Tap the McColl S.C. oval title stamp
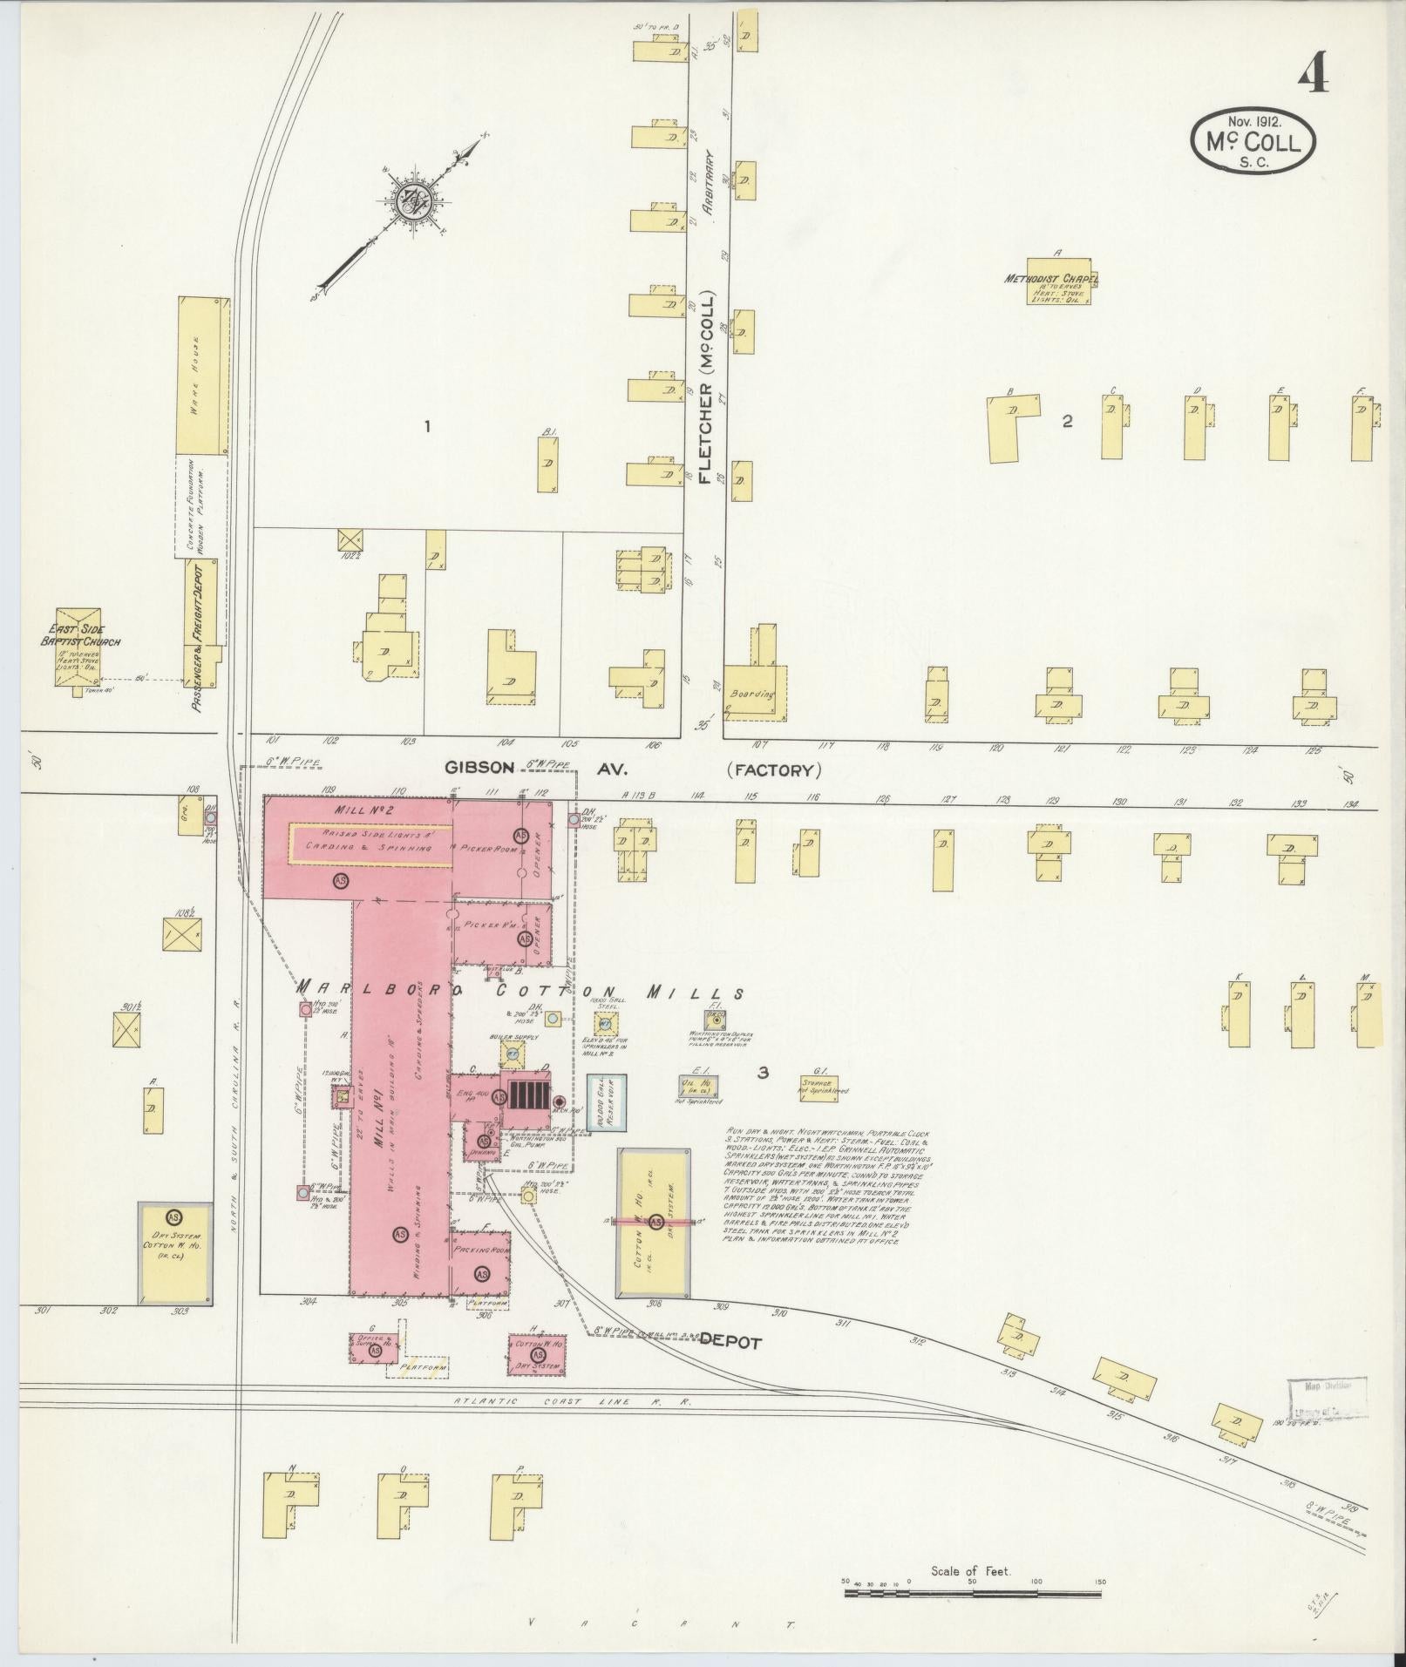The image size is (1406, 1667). point(1253,139)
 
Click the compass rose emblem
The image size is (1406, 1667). point(410,202)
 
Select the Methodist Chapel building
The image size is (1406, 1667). point(1061,281)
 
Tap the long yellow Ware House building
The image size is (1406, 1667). point(204,375)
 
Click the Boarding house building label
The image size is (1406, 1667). point(751,694)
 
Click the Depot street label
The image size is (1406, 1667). point(730,1366)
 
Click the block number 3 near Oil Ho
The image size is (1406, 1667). point(763,1074)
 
